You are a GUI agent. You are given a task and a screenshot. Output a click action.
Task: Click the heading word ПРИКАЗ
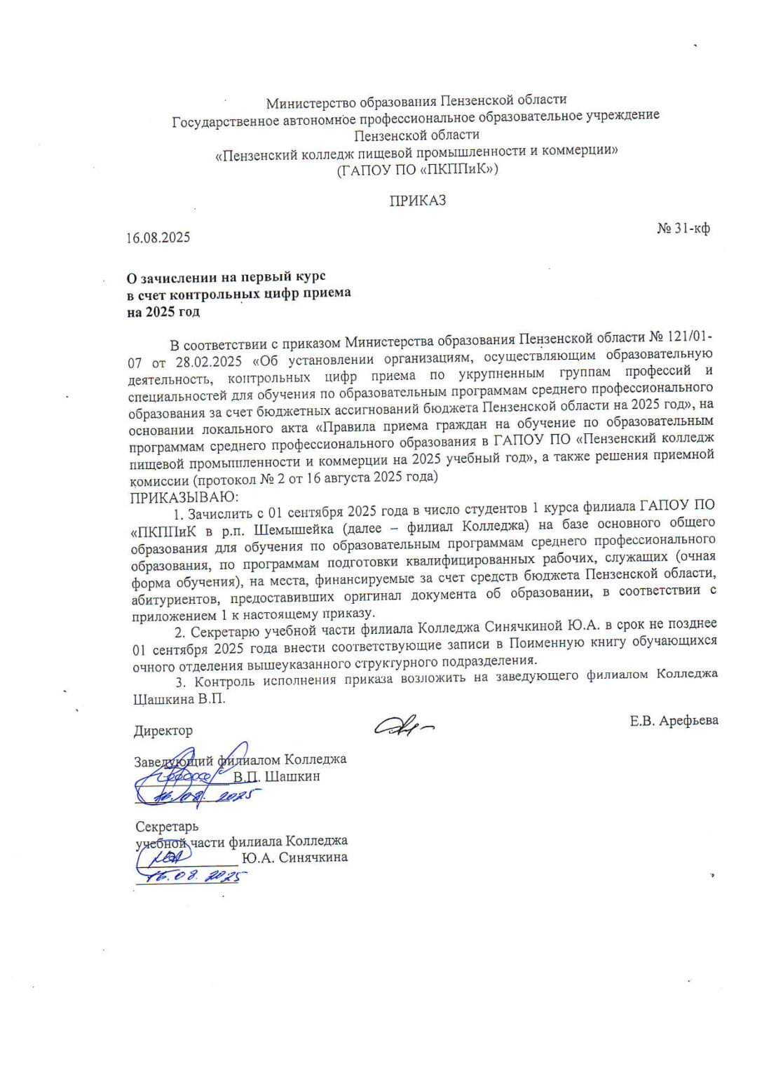point(418,201)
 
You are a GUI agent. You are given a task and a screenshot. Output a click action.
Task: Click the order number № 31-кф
point(683,229)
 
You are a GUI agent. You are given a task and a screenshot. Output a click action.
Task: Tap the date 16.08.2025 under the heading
point(158,238)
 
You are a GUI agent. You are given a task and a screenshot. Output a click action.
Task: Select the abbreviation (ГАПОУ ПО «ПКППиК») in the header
point(417,170)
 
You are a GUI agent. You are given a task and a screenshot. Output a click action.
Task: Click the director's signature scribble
point(403,726)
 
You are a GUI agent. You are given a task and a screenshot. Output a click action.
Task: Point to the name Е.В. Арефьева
point(674,721)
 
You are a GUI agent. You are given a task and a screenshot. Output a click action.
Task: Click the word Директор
point(163,731)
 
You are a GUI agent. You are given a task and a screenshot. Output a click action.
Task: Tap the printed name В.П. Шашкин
point(277,777)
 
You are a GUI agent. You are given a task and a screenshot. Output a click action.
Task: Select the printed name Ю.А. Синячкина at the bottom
point(294,858)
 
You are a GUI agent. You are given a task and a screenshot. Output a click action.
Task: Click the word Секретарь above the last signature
point(167,827)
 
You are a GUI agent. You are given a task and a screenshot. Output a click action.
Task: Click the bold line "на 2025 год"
point(163,312)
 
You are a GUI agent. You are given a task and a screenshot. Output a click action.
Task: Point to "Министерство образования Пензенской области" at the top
point(416,102)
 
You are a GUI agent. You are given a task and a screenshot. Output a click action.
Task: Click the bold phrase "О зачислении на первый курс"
point(226,277)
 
